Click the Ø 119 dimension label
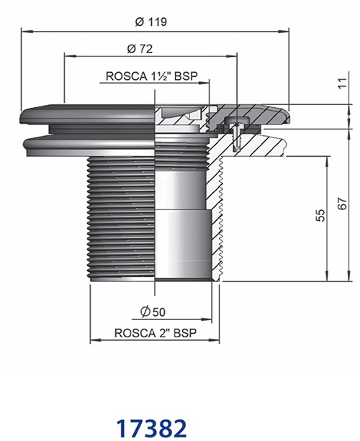click(151, 22)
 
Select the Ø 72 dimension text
click(140, 49)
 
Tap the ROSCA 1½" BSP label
click(151, 76)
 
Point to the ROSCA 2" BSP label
click(156, 332)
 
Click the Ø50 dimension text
click(153, 312)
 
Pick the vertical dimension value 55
click(320, 215)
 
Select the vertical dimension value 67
click(342, 204)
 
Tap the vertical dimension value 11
click(342, 83)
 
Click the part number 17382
click(151, 428)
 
